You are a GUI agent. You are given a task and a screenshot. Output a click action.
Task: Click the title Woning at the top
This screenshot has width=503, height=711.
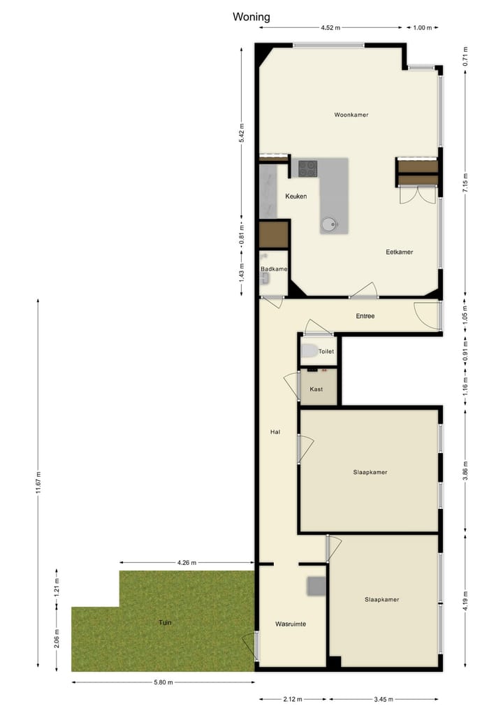tap(251, 17)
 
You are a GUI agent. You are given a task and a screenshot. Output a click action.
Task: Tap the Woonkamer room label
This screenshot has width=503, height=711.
tap(351, 115)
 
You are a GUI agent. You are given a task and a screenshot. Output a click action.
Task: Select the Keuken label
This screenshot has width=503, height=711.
tap(296, 196)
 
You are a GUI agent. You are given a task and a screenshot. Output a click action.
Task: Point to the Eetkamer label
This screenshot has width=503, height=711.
tap(400, 252)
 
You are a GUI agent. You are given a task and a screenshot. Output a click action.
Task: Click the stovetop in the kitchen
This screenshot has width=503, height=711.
tap(308, 168)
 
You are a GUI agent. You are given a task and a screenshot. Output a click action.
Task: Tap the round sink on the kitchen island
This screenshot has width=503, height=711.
tap(330, 224)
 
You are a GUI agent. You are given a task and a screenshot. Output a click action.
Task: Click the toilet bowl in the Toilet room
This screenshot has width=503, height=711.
tap(309, 352)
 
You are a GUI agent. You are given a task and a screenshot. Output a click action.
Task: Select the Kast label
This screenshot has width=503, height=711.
tap(316, 389)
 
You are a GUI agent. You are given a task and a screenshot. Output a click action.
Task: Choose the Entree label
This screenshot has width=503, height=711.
tap(365, 316)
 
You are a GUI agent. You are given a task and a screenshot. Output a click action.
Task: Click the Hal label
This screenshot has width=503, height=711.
tap(275, 432)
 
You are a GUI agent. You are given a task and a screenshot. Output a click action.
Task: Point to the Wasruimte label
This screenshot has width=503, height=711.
tap(291, 623)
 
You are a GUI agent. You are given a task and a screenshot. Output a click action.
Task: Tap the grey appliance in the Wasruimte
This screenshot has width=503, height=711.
tap(316, 586)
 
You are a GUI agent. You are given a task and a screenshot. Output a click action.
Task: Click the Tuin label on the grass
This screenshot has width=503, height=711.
tap(165, 622)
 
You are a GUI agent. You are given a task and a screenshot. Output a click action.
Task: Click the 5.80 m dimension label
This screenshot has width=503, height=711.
tap(162, 682)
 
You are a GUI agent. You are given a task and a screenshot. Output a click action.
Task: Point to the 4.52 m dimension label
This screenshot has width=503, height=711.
tap(330, 28)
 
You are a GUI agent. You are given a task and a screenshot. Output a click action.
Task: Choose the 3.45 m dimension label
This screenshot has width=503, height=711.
tap(384, 698)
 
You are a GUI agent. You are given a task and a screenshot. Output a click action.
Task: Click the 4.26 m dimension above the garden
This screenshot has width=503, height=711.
tap(187, 562)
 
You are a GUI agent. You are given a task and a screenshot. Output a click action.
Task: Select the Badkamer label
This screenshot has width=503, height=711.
tap(274, 269)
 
